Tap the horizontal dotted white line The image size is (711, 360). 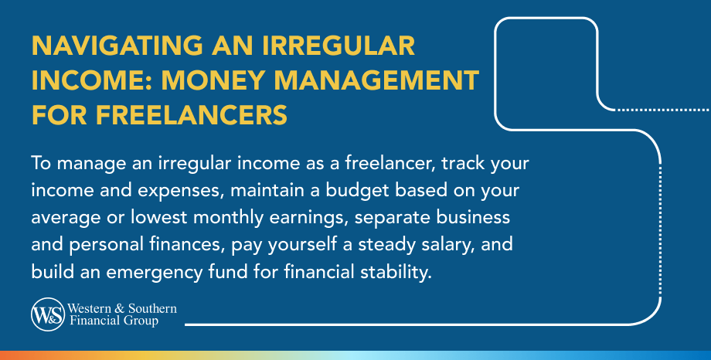662,109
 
